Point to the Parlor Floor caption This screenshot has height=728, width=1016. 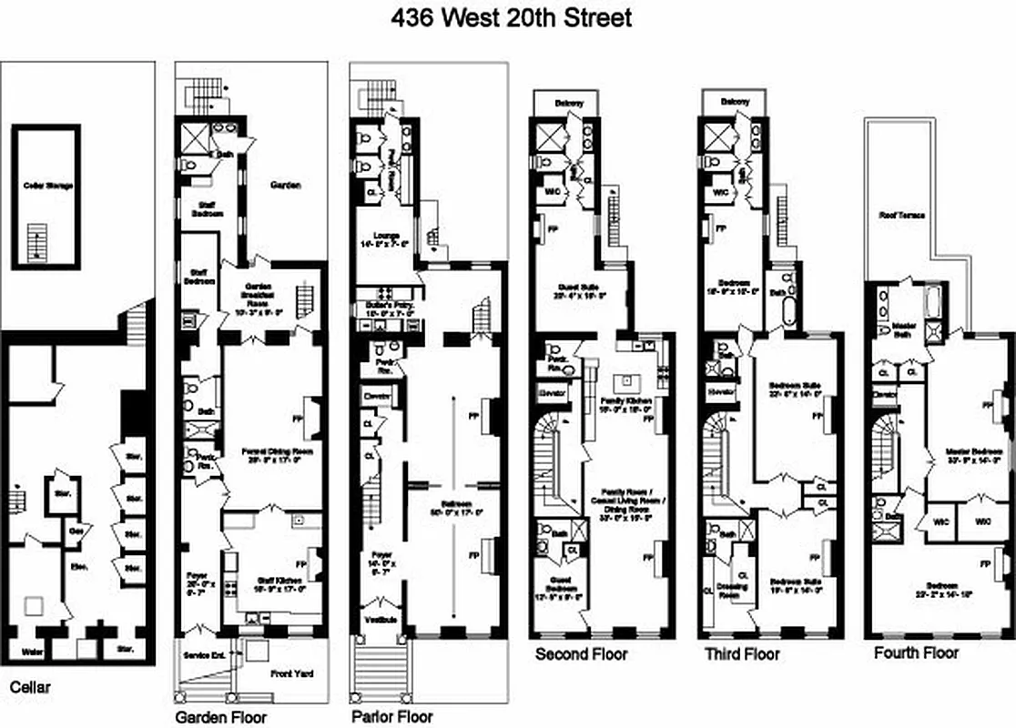[x=391, y=716]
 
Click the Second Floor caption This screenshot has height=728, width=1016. [x=581, y=653]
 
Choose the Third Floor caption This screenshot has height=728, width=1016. [x=742, y=653]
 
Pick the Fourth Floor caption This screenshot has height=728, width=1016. [x=916, y=652]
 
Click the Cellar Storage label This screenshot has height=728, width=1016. [x=47, y=186]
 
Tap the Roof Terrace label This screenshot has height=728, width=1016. [x=901, y=216]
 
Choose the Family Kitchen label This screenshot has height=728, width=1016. [x=625, y=400]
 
